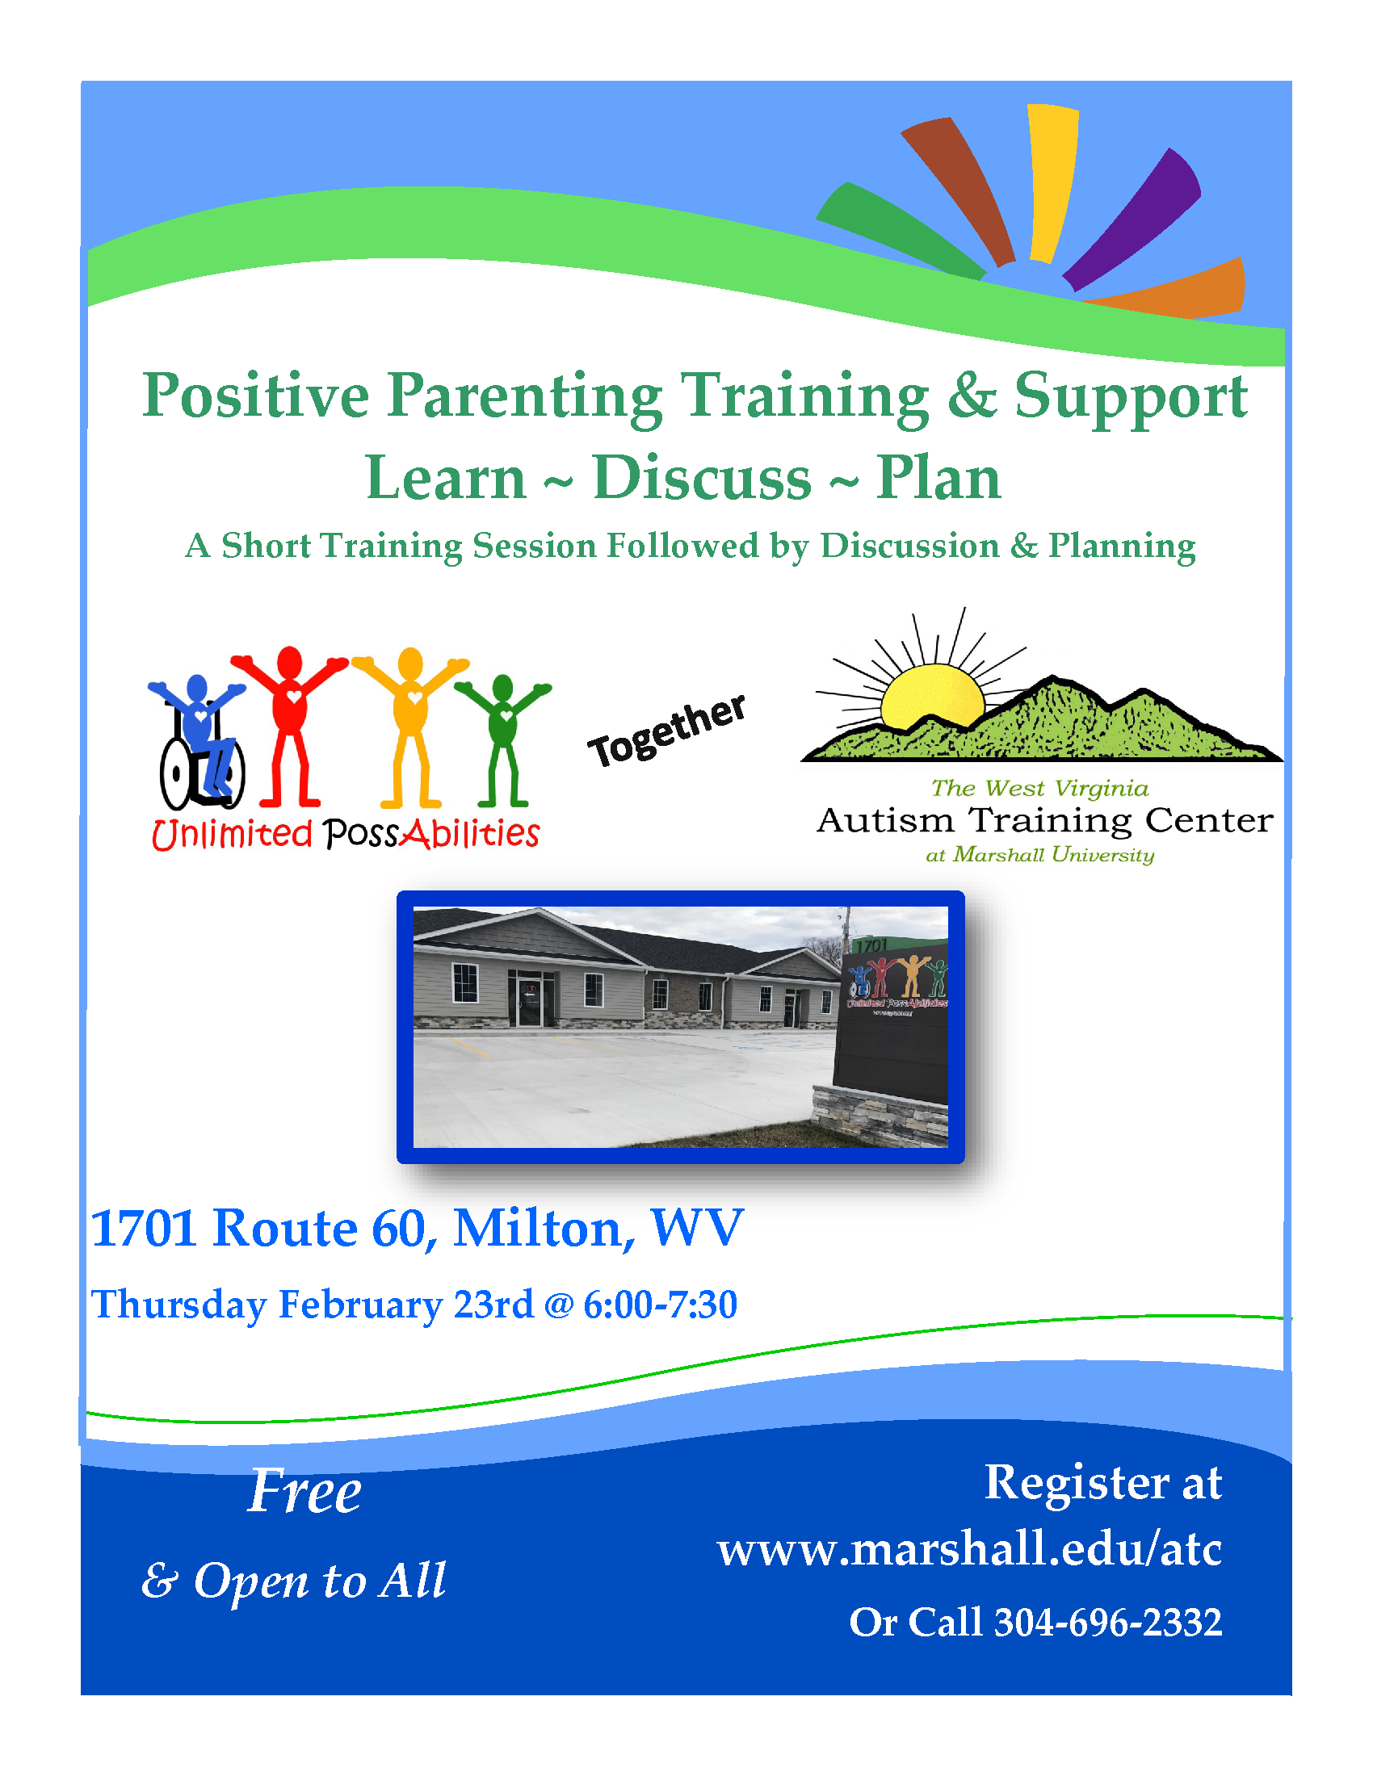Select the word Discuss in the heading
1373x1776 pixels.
tap(702, 478)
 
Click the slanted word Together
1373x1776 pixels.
tap(667, 731)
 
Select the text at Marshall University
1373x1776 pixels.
tap(1039, 855)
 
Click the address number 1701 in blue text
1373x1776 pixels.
tap(143, 1228)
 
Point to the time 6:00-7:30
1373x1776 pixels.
tap(661, 1305)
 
